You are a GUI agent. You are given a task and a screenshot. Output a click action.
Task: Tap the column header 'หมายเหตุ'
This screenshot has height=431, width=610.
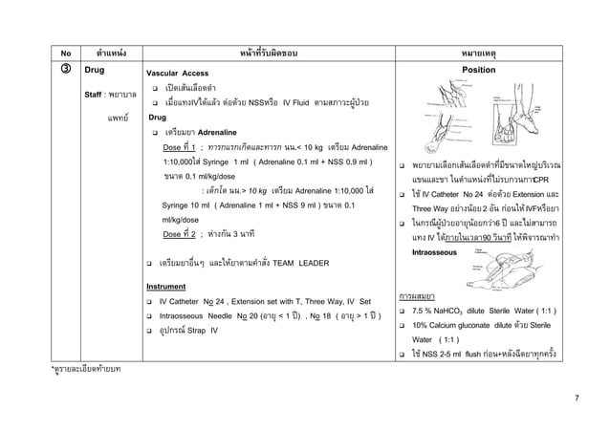tap(489, 53)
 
